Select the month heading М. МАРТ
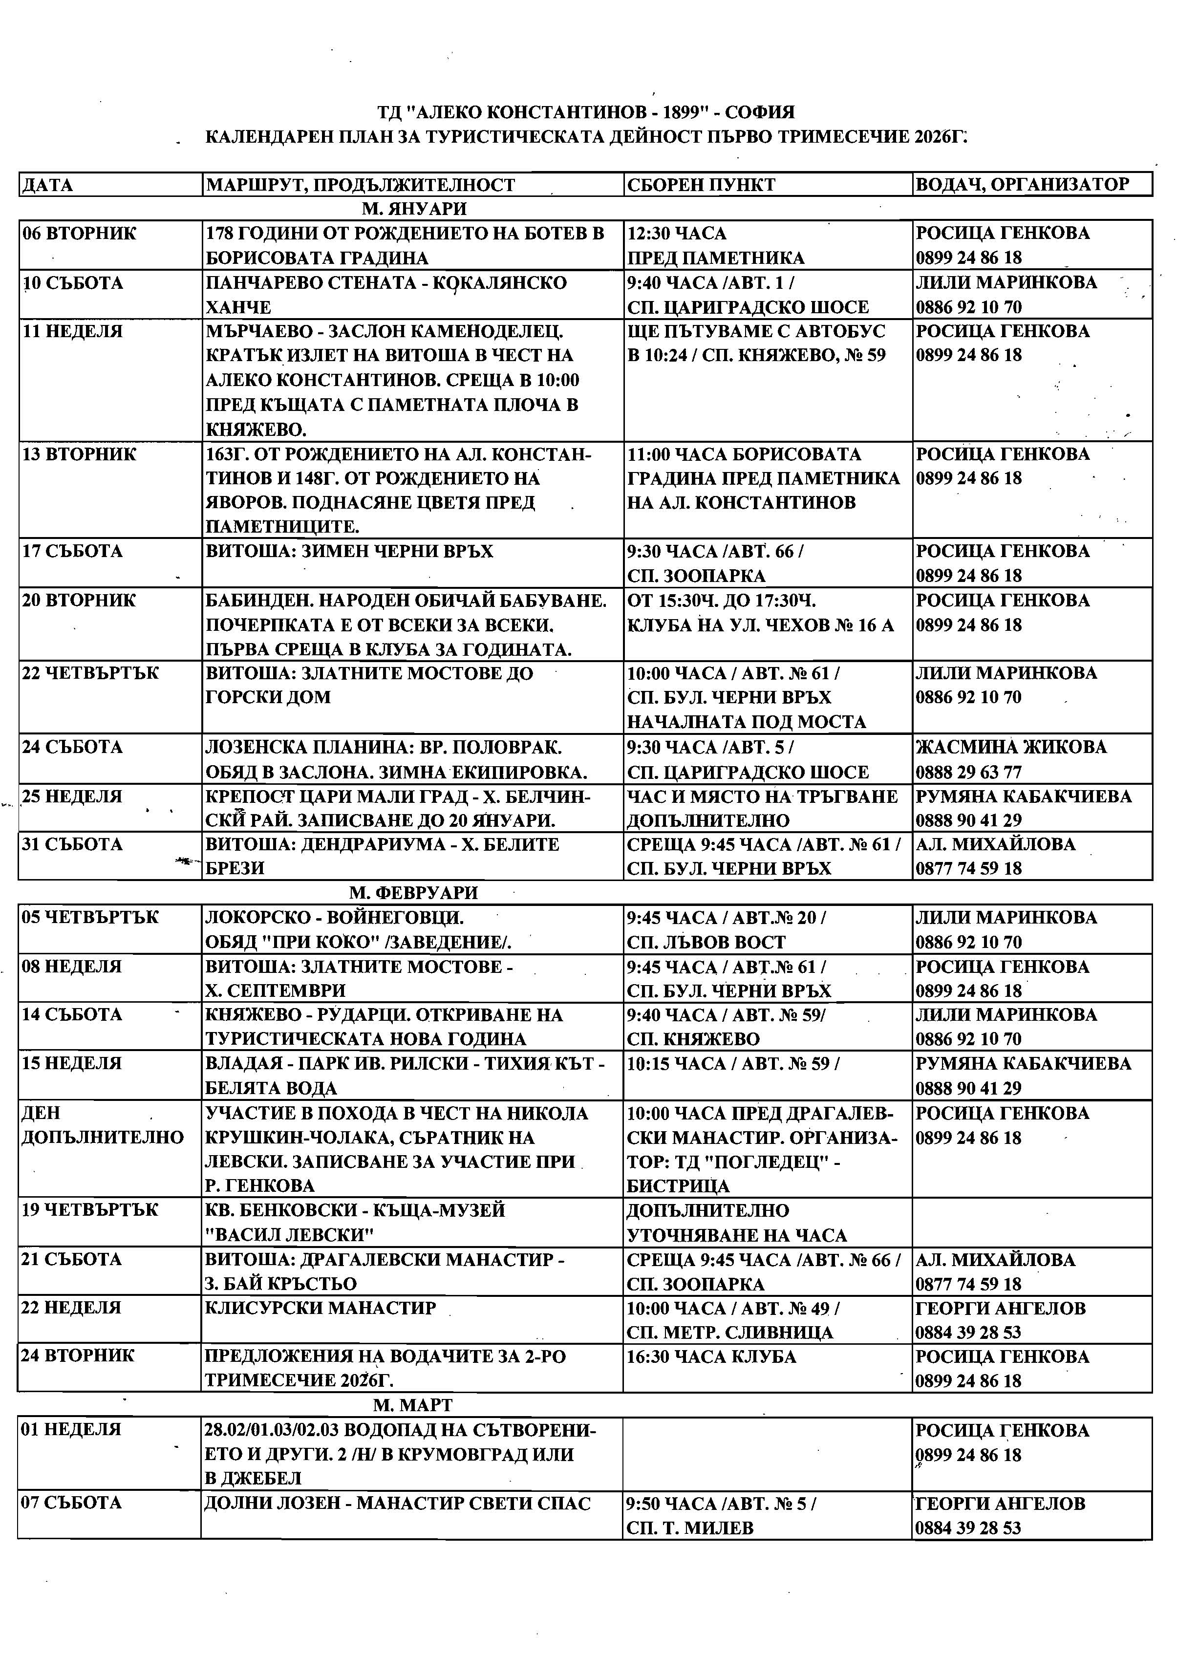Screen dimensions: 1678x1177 pos(412,1405)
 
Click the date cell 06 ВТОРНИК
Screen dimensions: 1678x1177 pos(79,234)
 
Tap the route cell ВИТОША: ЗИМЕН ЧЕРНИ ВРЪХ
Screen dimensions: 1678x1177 pos(349,551)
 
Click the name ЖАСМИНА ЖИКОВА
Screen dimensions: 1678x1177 pos(1010,747)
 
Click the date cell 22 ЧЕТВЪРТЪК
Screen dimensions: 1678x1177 pos(90,673)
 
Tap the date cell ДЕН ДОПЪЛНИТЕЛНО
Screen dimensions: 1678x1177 pos(102,1125)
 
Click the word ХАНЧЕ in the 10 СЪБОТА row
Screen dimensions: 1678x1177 pos(238,307)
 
